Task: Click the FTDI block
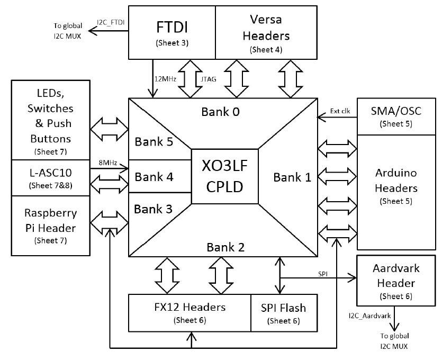(172, 32)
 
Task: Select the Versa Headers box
(266, 32)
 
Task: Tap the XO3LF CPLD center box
(225, 176)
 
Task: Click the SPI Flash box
(283, 313)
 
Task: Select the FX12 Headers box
(190, 313)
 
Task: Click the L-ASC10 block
(51, 177)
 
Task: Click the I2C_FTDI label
(110, 22)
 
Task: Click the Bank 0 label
(221, 112)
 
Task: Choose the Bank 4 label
(154, 176)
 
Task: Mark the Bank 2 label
(225, 247)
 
